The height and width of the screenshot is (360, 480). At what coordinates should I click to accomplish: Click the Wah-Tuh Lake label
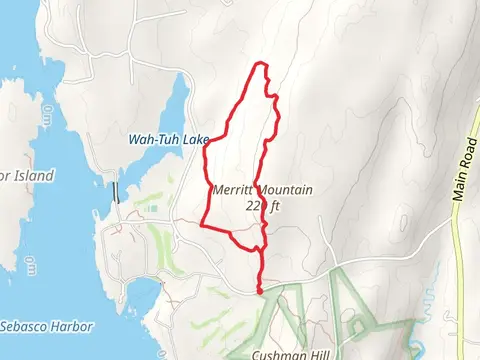point(168,140)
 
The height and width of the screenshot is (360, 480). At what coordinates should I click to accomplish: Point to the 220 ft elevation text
point(261,206)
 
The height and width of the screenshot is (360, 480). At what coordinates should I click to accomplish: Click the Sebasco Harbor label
point(46,327)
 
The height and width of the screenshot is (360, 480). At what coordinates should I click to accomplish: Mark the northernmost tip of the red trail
point(262,64)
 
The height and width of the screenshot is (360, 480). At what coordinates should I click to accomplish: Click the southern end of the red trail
point(261,291)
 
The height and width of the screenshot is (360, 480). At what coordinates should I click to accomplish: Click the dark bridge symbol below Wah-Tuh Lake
point(116,190)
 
